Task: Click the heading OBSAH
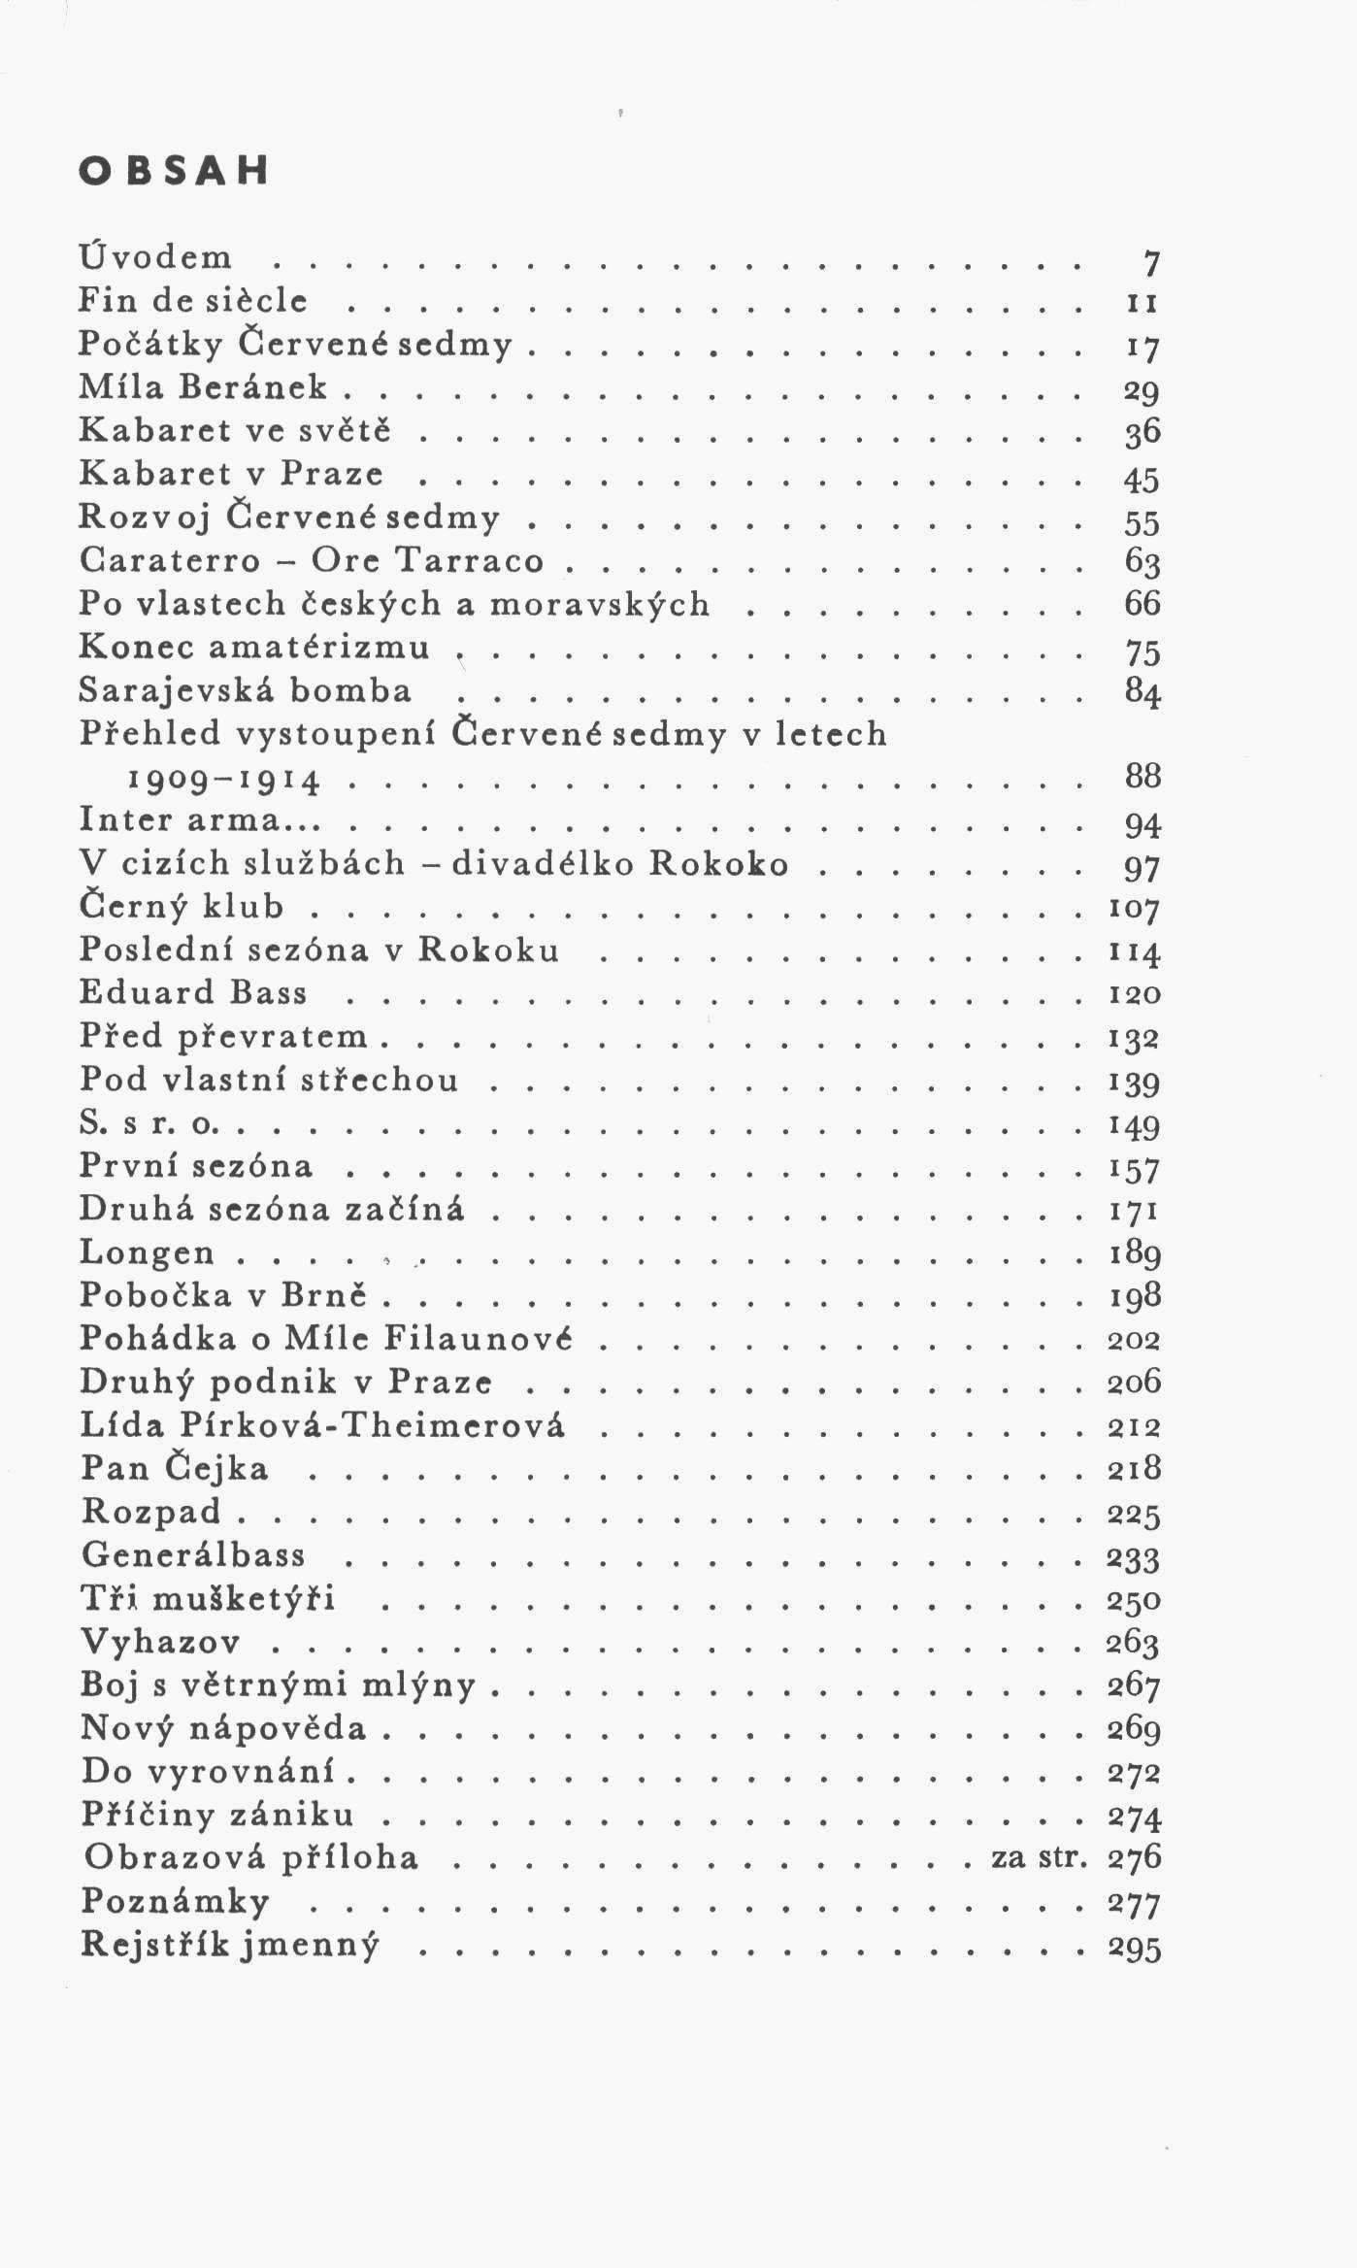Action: [x=173, y=171]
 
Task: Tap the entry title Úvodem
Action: [x=156, y=257]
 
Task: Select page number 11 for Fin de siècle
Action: [x=1142, y=303]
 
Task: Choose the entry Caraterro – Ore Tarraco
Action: [x=311, y=560]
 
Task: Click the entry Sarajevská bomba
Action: [x=246, y=690]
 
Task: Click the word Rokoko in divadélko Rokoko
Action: [x=718, y=863]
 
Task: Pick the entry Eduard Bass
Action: [x=193, y=992]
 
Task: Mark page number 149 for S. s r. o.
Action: [x=1135, y=1125]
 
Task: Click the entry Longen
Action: [x=147, y=1253]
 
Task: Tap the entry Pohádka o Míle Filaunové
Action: [x=326, y=1339]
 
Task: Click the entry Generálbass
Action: [x=193, y=1554]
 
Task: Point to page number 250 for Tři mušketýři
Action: [x=1134, y=1599]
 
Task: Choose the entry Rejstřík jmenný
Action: [x=230, y=1944]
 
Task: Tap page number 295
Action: [x=1134, y=1947]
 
